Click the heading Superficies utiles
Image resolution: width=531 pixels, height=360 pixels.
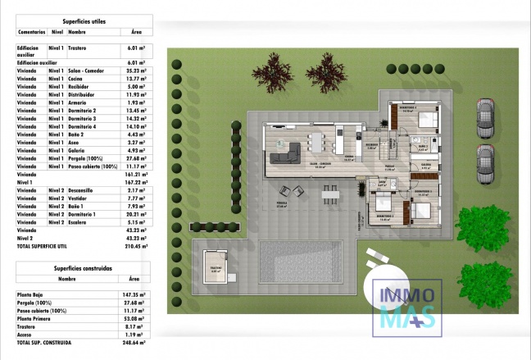[x=83, y=21]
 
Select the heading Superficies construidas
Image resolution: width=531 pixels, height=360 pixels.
[x=83, y=268]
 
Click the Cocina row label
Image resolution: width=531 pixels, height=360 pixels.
[x=78, y=79]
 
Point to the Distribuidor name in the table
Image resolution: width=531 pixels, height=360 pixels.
[x=84, y=94]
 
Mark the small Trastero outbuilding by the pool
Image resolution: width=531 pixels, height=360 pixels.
[x=215, y=267]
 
